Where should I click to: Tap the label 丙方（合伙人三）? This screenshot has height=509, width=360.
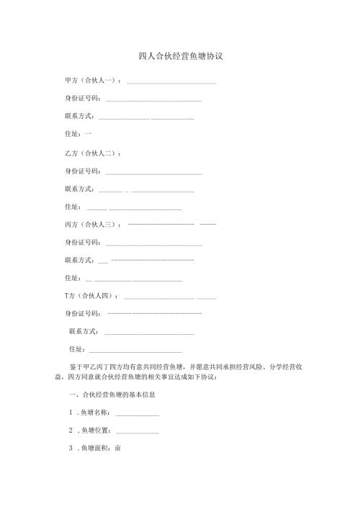point(91,225)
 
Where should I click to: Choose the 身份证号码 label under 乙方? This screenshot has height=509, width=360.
point(82,171)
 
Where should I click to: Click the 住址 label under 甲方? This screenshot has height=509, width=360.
point(73,134)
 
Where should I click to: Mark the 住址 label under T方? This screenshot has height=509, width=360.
point(77,349)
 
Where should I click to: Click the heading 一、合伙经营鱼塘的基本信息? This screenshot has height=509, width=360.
point(112,395)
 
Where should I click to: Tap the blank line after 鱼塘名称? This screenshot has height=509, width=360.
point(137,415)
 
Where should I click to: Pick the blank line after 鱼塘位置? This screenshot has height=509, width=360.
point(137,433)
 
